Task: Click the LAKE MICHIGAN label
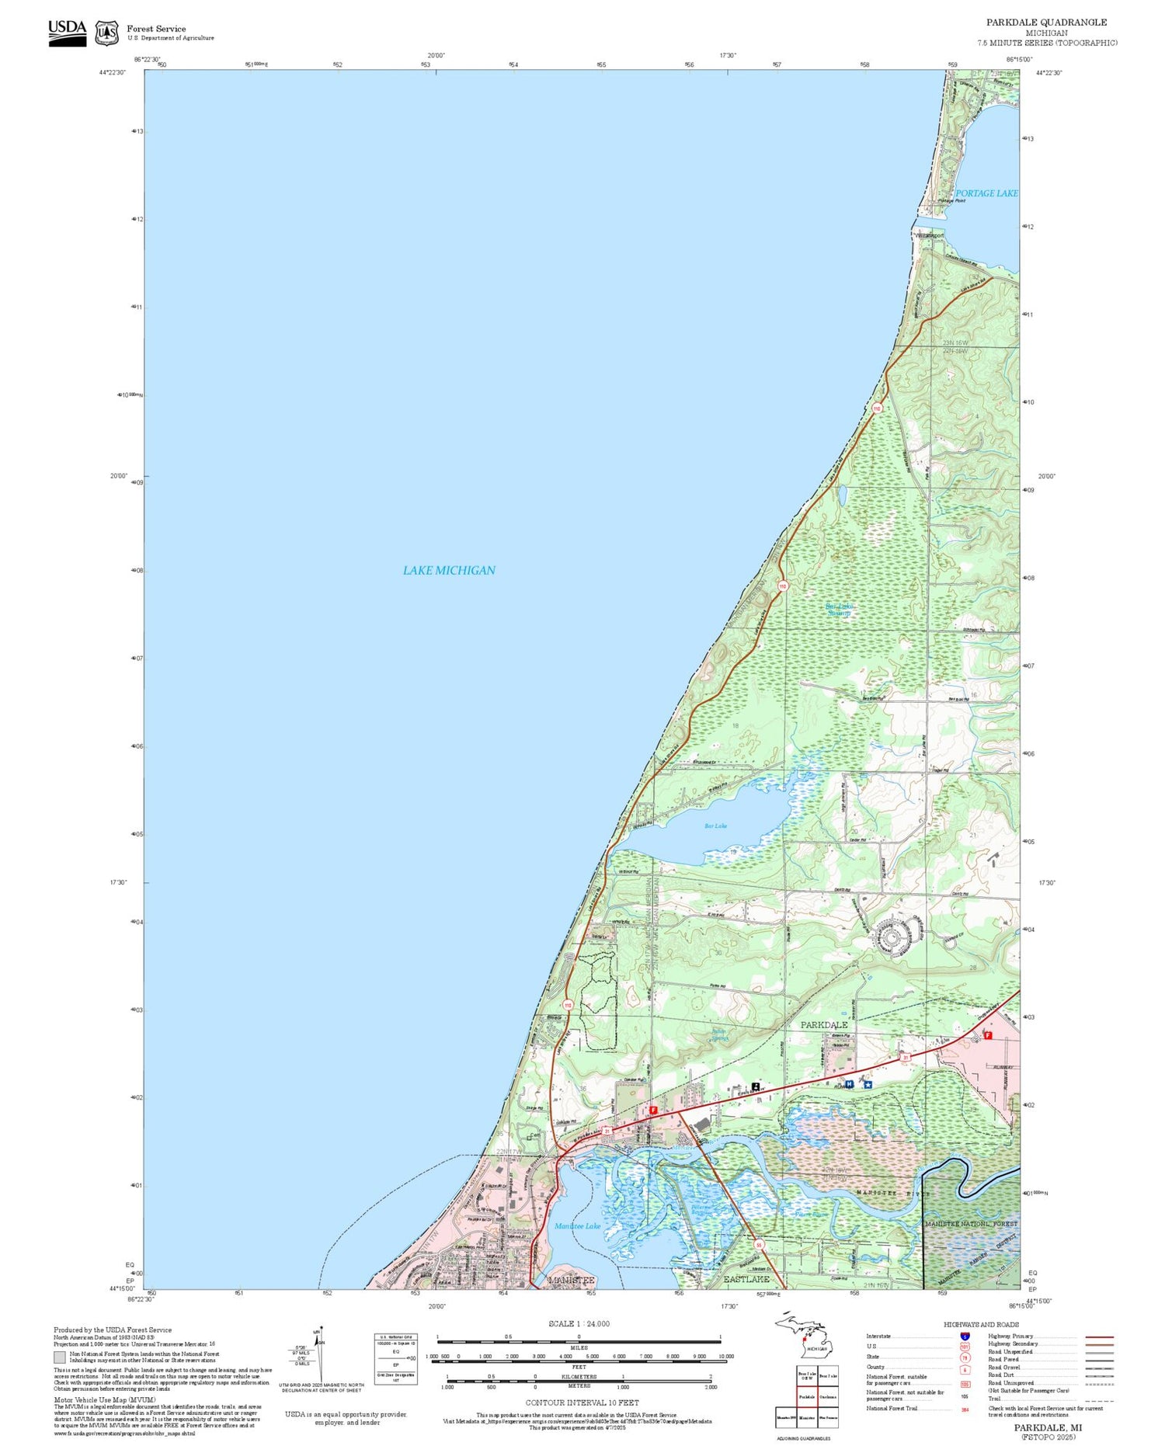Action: pos(448,570)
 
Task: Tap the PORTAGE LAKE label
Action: pos(986,193)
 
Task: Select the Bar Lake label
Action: pos(715,826)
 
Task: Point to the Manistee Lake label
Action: pos(577,1226)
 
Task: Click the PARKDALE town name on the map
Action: pos(824,1025)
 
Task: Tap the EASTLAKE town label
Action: pos(746,1278)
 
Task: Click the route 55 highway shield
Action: pos(759,1245)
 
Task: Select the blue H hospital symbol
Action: pos(849,1084)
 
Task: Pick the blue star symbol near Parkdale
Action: pos(868,1085)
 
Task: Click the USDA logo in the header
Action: pos(68,33)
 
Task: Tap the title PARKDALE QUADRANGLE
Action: pos(1046,23)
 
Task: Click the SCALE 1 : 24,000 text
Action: pos(579,1323)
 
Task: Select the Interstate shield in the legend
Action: pos(965,1336)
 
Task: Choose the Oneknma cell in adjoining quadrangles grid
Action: pos(827,1396)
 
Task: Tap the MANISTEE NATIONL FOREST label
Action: pos(971,1224)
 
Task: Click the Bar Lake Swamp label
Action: pos(838,610)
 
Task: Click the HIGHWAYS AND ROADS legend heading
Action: pos(981,1325)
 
